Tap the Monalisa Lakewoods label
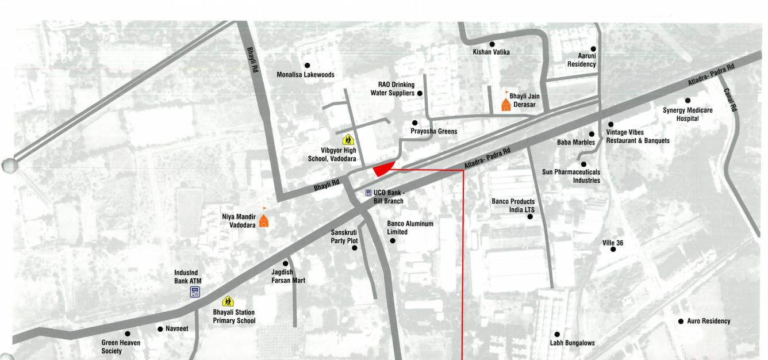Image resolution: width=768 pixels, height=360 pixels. point(305,75)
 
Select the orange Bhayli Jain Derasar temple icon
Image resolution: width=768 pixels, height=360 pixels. point(506,104)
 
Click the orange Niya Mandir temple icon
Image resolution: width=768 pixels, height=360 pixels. point(264,220)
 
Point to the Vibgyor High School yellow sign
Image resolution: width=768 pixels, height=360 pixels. point(348,139)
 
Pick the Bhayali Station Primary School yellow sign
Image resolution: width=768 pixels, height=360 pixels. point(228,301)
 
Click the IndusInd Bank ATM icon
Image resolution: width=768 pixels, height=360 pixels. point(195,292)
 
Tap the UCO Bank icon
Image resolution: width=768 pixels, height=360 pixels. point(368,193)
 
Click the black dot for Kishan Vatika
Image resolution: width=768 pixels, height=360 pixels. point(492,44)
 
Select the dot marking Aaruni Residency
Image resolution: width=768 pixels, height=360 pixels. point(593,49)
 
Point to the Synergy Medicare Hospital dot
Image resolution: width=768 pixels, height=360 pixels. point(688,101)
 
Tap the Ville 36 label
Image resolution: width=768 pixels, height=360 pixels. point(613,243)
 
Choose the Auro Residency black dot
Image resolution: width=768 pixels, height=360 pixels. point(681,321)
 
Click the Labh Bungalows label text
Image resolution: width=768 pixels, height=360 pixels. point(572,343)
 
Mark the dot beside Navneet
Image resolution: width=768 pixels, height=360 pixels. point(160,329)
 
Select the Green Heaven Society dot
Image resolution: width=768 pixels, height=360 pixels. point(128,334)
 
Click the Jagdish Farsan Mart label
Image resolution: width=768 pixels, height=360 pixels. point(288,276)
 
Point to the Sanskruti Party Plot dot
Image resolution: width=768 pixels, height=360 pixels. point(355,248)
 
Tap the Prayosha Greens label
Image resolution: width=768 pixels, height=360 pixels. point(434,131)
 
